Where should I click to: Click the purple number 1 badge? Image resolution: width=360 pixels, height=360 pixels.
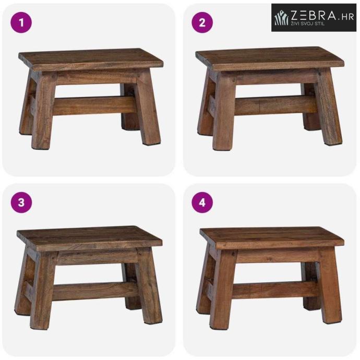pyautogui.click(x=21, y=22)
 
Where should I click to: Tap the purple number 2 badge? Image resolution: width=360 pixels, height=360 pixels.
pyautogui.click(x=202, y=22)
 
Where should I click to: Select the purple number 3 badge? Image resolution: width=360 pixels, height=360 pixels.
pyautogui.click(x=21, y=202)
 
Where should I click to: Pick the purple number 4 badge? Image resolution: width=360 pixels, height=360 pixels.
pyautogui.click(x=202, y=202)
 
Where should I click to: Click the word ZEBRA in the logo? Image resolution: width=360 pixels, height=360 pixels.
pyautogui.click(x=313, y=15)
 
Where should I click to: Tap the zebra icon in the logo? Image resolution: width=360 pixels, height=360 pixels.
pyautogui.click(x=282, y=18)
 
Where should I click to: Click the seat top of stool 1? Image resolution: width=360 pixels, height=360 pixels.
pyautogui.click(x=91, y=59)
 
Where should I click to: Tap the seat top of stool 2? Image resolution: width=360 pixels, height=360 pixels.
pyautogui.click(x=270, y=58)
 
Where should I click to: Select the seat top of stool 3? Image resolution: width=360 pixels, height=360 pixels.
pyautogui.click(x=90, y=238)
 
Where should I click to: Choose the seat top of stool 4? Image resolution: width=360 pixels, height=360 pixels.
pyautogui.click(x=272, y=237)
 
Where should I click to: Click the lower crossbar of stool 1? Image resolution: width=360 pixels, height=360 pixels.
pyautogui.click(x=94, y=106)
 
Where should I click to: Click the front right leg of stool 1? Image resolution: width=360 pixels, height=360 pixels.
pyautogui.click(x=147, y=107)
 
